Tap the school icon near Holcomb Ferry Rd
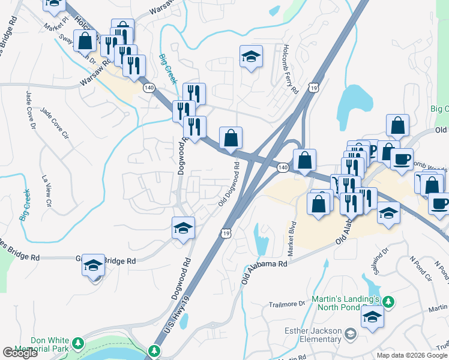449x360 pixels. click(252, 56)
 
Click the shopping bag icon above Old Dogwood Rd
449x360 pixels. click(231, 139)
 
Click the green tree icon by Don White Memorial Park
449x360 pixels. click(77, 344)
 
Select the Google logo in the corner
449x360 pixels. click(20, 353)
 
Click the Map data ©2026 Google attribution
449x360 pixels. click(411, 355)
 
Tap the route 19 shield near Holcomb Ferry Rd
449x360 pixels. click(314, 88)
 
